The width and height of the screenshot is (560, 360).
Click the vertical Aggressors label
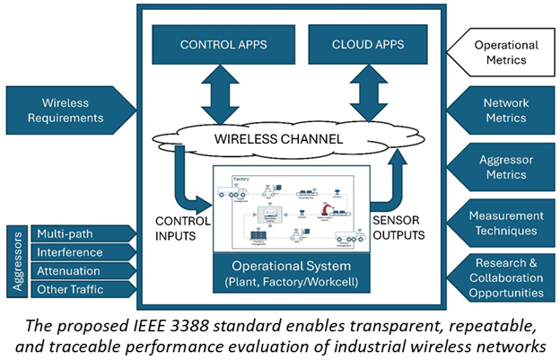[15, 261]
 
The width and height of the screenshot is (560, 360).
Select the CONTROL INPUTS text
[180, 225]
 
